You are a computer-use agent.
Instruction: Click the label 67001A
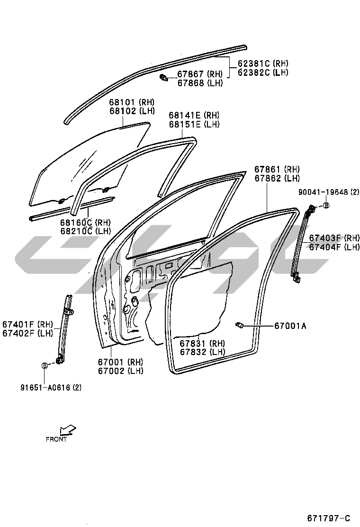(290, 326)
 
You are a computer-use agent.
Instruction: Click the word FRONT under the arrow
(56, 439)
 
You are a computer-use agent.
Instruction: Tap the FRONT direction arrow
(68, 429)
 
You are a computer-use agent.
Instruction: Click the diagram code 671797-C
(333, 518)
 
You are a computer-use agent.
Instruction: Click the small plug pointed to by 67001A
(239, 325)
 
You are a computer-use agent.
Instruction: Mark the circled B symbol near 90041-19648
(326, 205)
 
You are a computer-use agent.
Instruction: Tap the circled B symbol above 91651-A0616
(45, 365)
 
